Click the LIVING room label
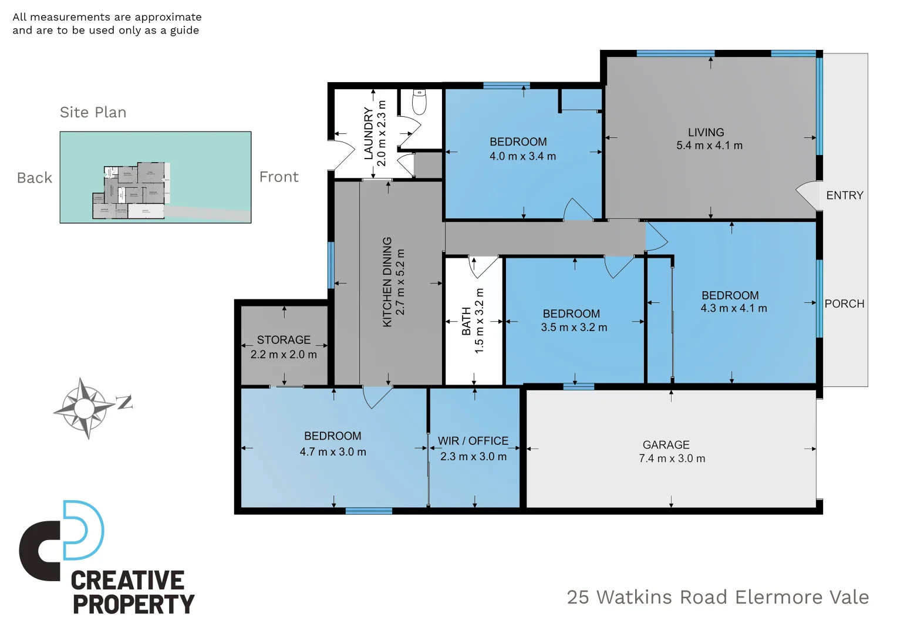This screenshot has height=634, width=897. coord(706,133)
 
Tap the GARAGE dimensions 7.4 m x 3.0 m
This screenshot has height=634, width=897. coord(672,458)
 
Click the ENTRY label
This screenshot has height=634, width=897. coord(844,195)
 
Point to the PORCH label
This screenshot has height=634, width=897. coord(844,304)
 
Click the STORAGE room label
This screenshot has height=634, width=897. coord(284,340)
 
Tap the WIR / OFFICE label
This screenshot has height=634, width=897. coord(473,441)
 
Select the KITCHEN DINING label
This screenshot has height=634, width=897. coord(387,282)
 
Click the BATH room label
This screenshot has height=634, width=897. coord(466,321)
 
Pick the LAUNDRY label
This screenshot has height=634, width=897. coord(369,133)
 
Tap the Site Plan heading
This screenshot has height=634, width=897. coord(93,112)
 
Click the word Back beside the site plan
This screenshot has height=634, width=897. coord(35,178)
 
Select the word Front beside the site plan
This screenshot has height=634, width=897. coord(279,177)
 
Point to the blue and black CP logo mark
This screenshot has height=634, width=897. coord(62,539)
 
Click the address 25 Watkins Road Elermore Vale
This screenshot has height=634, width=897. coord(717,597)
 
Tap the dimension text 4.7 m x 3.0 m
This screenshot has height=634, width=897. coord(333,452)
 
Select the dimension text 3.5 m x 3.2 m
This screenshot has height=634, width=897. coord(574,328)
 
